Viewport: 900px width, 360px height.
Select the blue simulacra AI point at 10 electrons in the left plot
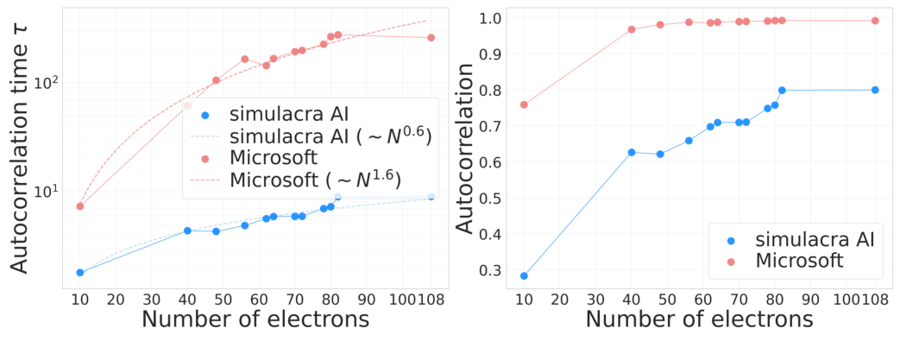[x=80, y=272]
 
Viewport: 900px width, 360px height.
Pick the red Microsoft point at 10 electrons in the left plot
[x=80, y=205]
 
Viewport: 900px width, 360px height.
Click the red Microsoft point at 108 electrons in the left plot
[x=431, y=38]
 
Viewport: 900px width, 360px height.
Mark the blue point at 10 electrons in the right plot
[x=524, y=275]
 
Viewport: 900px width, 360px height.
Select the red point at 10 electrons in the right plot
[x=524, y=104]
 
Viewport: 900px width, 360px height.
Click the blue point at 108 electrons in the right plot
[x=875, y=90]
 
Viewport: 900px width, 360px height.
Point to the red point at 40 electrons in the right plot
[x=632, y=29]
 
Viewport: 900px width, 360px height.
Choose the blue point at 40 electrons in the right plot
[x=632, y=152]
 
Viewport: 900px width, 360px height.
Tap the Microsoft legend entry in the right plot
[x=798, y=260]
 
